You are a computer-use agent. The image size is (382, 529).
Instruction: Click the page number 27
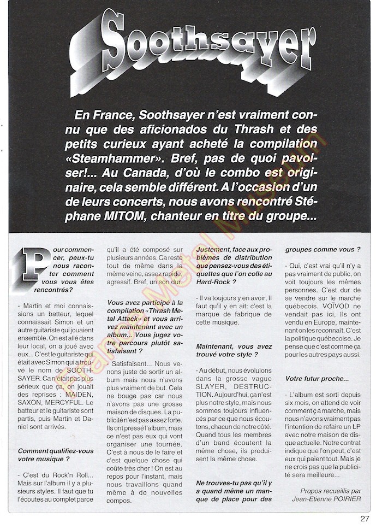pyautogui.click(x=365, y=519)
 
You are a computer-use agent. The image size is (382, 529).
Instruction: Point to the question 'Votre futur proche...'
pyautogui.click(x=317, y=378)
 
